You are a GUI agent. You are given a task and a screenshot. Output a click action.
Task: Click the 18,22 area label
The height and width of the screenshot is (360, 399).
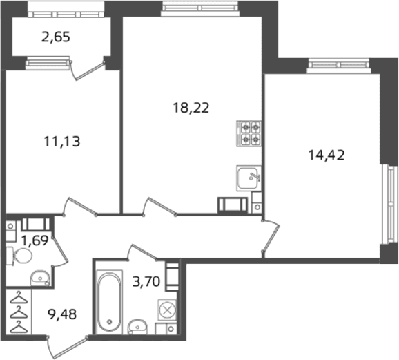point(191,108)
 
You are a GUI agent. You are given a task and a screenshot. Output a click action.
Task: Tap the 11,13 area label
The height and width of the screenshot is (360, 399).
point(62,142)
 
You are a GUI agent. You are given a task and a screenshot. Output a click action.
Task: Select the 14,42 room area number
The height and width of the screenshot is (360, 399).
point(327,155)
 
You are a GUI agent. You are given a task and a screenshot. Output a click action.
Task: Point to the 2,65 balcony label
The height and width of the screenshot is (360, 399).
point(55,37)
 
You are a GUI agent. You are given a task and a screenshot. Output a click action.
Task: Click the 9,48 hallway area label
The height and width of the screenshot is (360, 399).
point(62,314)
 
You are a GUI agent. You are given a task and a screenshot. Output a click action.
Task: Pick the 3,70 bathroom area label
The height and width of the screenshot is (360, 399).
point(146,282)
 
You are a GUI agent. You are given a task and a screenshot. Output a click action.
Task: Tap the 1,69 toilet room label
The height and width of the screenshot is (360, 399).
point(35,240)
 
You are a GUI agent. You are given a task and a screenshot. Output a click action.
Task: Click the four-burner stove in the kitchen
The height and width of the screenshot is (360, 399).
point(249,133)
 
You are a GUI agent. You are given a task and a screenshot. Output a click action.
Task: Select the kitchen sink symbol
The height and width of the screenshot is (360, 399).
point(249,178)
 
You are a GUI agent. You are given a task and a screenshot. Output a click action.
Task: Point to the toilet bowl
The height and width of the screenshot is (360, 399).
point(19,256)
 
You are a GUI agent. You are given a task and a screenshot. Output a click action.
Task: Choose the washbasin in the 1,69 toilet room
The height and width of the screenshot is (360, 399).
point(40,278)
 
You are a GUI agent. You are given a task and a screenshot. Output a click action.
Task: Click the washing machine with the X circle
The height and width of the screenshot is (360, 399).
point(167,310)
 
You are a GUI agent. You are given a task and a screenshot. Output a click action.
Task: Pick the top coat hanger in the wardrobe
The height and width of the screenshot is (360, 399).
point(19,298)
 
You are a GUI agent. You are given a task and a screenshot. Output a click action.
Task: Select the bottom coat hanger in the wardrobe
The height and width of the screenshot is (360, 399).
point(19,327)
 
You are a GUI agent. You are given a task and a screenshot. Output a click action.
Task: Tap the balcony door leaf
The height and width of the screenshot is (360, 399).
point(88,70)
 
